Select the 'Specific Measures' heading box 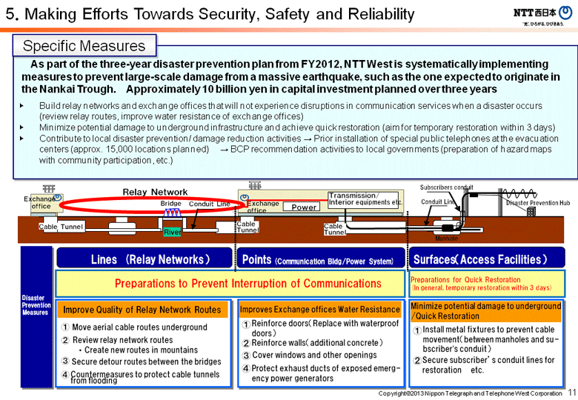click(84, 46)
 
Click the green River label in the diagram click(172, 232)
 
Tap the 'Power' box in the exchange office click(304, 207)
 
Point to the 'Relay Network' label click(155, 192)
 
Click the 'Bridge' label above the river click(171, 203)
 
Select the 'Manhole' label click(446, 239)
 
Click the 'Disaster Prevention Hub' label click(538, 202)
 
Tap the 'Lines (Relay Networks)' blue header click(145, 259)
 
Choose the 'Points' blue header click(321, 259)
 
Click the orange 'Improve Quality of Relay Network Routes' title click(142, 310)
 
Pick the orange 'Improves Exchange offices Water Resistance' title click(319, 310)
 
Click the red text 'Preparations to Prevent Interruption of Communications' click(248, 283)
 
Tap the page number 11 click(571, 392)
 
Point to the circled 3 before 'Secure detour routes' click(65, 361)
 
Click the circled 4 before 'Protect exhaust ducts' click(245, 368)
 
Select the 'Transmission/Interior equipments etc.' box click(365, 198)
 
